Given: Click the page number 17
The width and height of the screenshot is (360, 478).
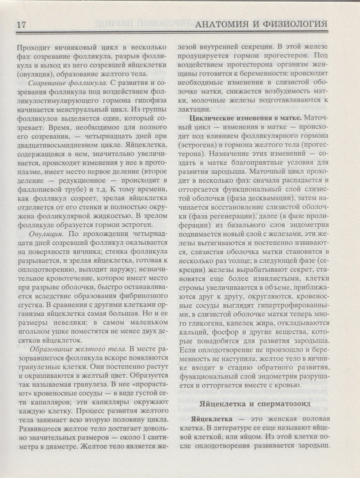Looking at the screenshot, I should (x=21, y=25).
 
